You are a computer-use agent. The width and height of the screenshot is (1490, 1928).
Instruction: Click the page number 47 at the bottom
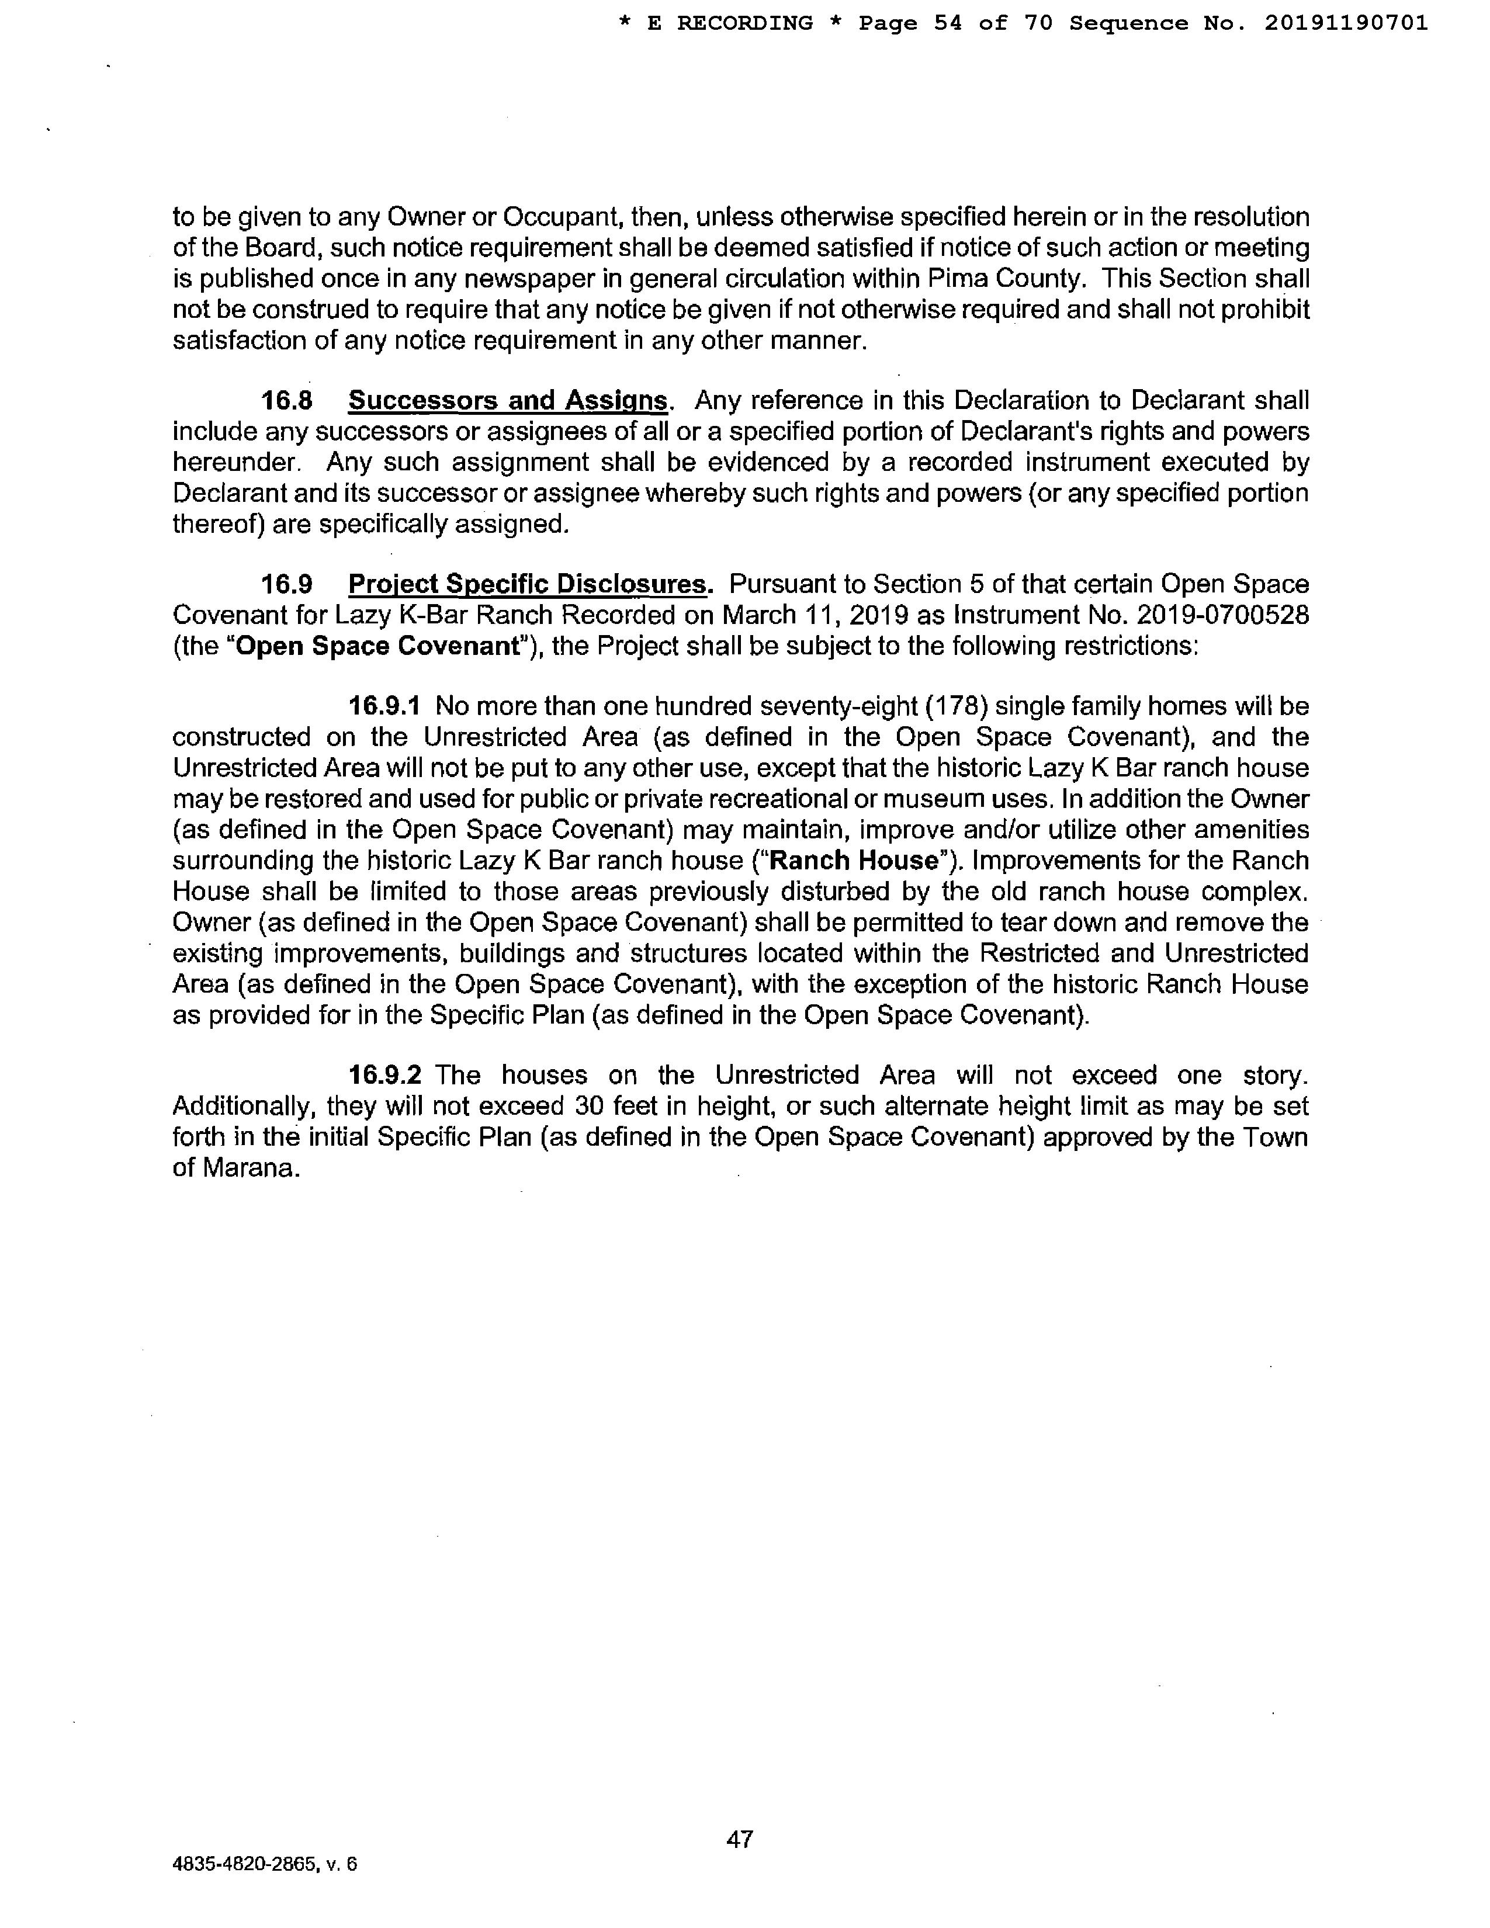point(739,1838)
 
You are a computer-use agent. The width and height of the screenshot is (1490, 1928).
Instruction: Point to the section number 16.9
point(287,584)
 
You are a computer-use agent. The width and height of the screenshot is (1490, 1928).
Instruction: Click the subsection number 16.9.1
point(385,706)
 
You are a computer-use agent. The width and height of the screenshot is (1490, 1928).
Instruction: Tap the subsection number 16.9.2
point(385,1075)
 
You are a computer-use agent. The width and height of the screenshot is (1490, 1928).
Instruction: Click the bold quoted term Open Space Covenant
point(379,646)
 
